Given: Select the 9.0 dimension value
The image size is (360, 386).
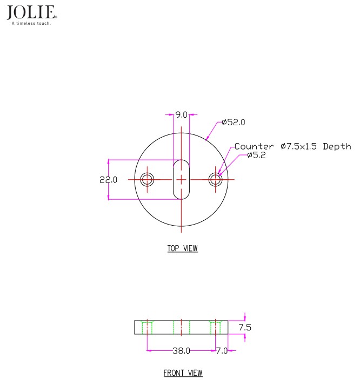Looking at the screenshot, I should pyautogui.click(x=181, y=114).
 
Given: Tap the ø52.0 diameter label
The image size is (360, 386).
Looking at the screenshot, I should pyautogui.click(x=234, y=123).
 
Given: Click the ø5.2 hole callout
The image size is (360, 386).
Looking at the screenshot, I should pyautogui.click(x=257, y=155).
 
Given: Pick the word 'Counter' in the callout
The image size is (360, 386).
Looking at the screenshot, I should pyautogui.click(x=254, y=146).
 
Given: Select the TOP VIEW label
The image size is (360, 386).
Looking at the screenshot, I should pyautogui.click(x=182, y=249).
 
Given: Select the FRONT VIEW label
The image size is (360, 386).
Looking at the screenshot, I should pyautogui.click(x=183, y=373).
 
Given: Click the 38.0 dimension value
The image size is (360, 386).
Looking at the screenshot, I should pyautogui.click(x=181, y=351).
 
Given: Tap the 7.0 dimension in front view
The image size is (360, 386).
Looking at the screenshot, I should pyautogui.click(x=222, y=351).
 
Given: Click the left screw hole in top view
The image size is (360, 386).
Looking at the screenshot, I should pyautogui.click(x=146, y=179).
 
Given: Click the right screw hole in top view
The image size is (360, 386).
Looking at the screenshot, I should pyautogui.click(x=216, y=179).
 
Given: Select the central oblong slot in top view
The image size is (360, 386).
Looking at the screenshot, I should pyautogui.click(x=181, y=179).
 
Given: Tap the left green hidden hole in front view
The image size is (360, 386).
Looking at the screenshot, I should pyautogui.click(x=146, y=327).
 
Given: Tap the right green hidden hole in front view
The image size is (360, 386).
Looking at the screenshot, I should pyautogui.click(x=216, y=327).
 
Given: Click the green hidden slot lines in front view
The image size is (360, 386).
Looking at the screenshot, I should pyautogui.click(x=181, y=327).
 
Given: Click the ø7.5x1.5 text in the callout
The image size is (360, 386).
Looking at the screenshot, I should pyautogui.click(x=299, y=146).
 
